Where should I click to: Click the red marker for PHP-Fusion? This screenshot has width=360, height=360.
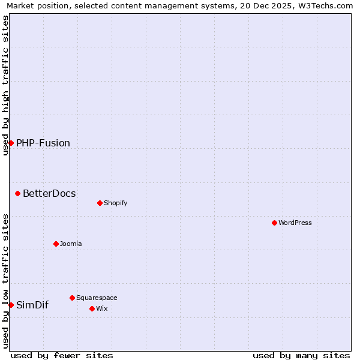click(x=11, y=143)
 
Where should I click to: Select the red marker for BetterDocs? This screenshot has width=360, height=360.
click(x=18, y=193)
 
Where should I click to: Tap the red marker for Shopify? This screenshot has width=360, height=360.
click(x=100, y=203)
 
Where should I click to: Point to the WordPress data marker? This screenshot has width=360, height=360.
click(x=274, y=223)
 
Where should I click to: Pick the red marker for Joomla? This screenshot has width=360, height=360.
click(x=56, y=244)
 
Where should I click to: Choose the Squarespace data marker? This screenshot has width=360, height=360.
click(x=72, y=298)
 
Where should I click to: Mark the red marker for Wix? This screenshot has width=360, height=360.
click(x=92, y=308)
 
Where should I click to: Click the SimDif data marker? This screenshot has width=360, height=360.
click(x=11, y=305)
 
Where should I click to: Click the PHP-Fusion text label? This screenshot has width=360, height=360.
click(x=43, y=143)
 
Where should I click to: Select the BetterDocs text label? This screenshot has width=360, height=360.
click(x=49, y=193)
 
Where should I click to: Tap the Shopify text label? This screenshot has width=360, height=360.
click(x=115, y=203)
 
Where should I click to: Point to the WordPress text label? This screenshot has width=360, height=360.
click(x=295, y=223)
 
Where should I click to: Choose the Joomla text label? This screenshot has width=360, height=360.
click(x=71, y=244)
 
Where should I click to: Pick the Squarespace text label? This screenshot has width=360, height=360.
click(x=97, y=298)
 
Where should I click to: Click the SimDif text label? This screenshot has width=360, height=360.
click(x=32, y=305)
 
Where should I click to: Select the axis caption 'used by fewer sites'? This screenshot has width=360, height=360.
click(x=62, y=355)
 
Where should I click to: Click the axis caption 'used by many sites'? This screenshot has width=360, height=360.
click(x=301, y=355)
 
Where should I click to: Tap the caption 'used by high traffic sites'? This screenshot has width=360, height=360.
click(x=5, y=85)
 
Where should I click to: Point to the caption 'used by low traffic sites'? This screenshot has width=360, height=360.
click(x=5, y=281)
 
